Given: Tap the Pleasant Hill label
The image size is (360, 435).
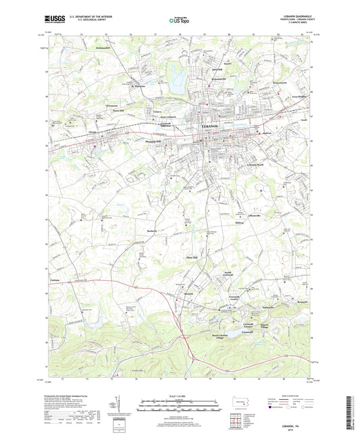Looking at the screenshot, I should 155,141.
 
